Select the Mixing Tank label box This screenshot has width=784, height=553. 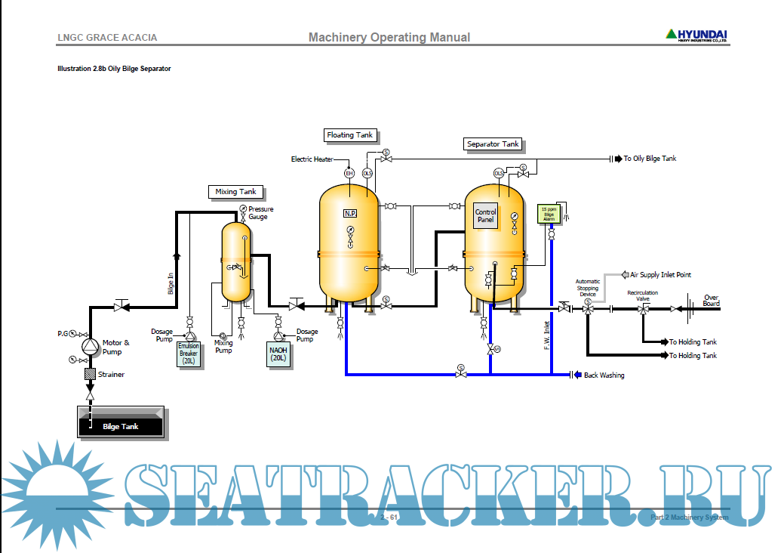pos(236,192)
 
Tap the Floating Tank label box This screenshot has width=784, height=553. pos(349,135)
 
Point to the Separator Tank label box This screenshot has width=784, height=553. pos(493,144)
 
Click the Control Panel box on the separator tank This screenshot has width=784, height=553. pos(485,216)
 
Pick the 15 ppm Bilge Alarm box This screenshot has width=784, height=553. pos(548,214)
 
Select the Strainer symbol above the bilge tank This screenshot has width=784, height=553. pos(90,374)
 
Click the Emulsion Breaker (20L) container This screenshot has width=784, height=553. pos(189,354)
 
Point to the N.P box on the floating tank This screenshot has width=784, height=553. pos(350,214)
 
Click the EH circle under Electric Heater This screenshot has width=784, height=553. pos(349,173)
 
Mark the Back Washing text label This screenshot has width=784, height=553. pos(604,375)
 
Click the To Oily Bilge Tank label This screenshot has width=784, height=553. pos(650,159)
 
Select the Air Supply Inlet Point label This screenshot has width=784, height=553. pos(660,275)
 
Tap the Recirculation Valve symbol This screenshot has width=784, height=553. pos(642,309)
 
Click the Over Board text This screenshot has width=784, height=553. pos(711,301)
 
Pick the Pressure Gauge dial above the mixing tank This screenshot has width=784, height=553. pos(243,209)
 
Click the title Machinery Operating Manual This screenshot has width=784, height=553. pos(389,38)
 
